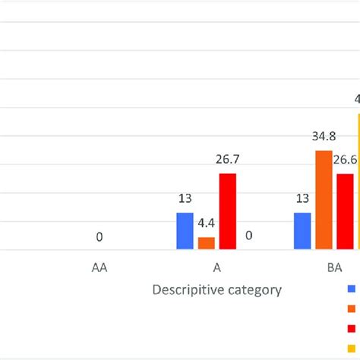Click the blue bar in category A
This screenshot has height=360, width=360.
point(185,231)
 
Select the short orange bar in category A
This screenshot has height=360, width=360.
point(207,243)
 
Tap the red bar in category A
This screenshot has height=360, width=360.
point(228,211)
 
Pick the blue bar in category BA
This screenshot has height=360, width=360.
point(302,231)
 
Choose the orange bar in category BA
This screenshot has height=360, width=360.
point(324,200)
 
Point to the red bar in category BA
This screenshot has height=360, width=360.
point(345,211)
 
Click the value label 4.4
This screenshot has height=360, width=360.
point(206,225)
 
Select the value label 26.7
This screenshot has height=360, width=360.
point(228,160)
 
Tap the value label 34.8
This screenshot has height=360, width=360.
point(324,137)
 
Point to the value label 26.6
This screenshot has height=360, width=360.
point(346,160)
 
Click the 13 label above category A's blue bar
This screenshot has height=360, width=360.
point(185,199)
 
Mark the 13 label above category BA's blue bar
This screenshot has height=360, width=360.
point(302,199)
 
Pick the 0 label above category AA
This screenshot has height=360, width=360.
point(99,238)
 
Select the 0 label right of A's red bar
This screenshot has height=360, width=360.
point(248,236)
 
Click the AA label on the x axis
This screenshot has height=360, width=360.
point(99,267)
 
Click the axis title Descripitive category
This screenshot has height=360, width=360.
point(217,289)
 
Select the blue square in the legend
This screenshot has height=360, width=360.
point(352,289)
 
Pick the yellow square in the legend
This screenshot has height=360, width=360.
point(352,347)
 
